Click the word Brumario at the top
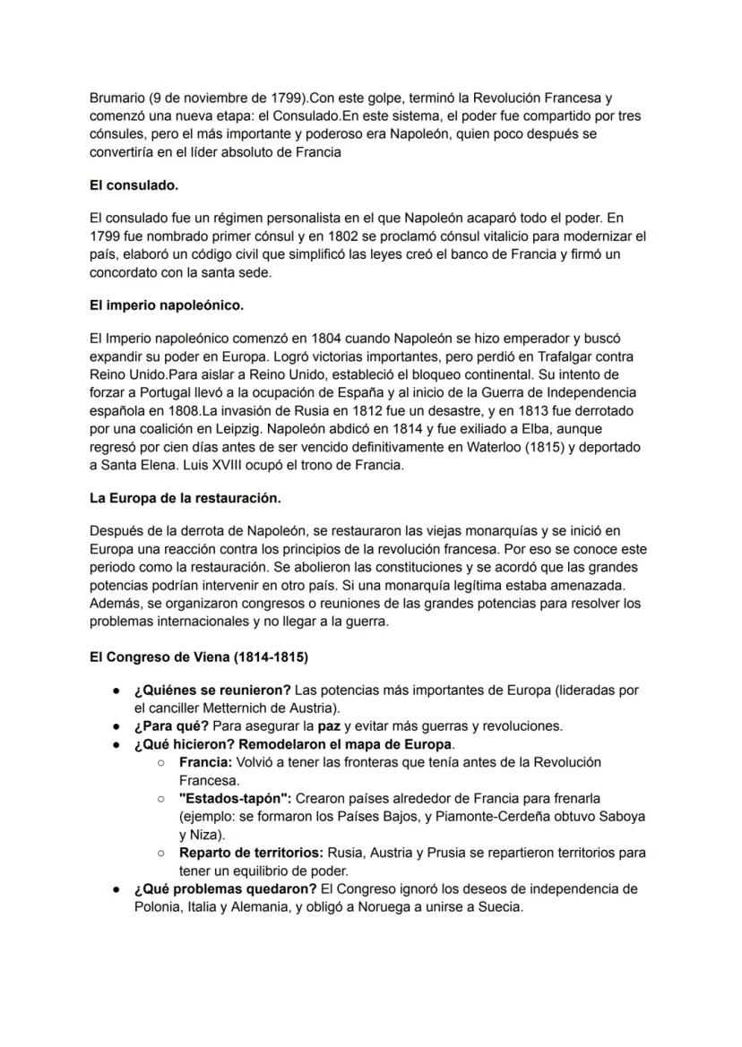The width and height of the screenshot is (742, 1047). (118, 98)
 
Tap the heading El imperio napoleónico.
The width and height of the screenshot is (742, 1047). (167, 305)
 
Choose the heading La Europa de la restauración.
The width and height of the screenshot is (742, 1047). (185, 497)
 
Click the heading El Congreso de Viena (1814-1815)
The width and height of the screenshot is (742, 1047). (199, 657)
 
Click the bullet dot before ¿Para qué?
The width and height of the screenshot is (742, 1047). (117, 726)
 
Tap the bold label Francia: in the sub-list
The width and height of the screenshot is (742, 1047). (205, 762)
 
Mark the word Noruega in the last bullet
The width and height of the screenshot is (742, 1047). (403, 906)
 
